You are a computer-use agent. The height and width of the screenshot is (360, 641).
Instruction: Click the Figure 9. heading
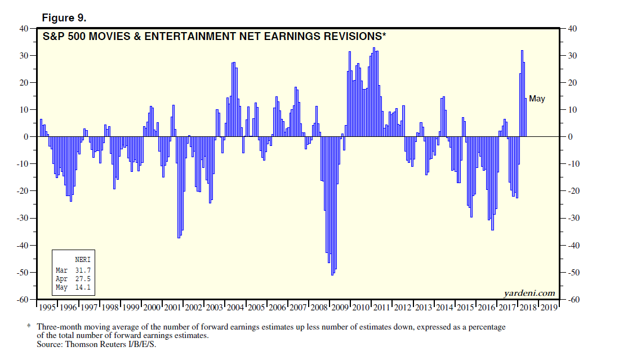(x=64, y=17)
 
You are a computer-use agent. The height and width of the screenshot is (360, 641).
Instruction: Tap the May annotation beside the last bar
(x=537, y=99)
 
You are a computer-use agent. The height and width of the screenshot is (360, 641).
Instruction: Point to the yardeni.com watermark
(x=528, y=293)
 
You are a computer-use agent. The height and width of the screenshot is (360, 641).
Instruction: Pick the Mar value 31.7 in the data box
(x=82, y=271)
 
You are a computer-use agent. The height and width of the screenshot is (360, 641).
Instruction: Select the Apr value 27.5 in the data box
(x=82, y=279)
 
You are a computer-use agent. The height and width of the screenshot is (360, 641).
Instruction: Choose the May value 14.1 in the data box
(x=82, y=287)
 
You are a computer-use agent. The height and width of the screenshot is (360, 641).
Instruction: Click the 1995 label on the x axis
(x=47, y=308)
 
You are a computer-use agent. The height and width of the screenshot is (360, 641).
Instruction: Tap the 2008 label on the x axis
(x=319, y=308)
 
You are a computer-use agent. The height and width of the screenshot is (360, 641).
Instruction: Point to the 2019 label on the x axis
(x=549, y=308)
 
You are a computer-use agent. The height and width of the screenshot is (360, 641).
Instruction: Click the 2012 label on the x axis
(x=403, y=308)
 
